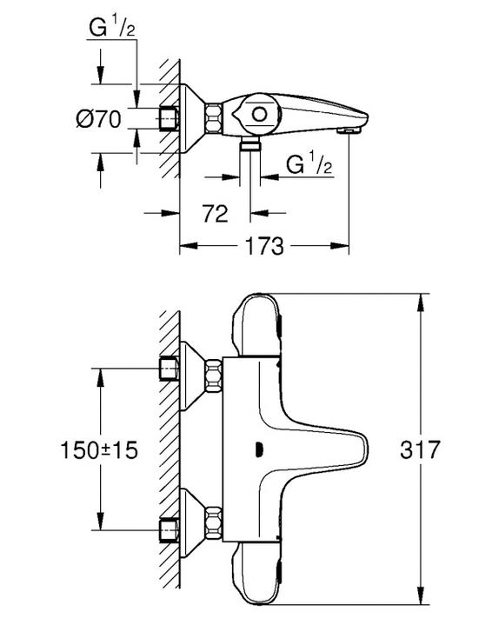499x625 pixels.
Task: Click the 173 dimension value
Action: click(264, 246)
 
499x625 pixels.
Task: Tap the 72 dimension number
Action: click(216, 214)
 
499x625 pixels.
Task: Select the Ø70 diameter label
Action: click(99, 119)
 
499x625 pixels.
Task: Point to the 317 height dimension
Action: click(420, 449)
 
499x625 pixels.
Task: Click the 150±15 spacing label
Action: click(99, 450)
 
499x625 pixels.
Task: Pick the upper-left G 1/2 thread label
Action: click(112, 28)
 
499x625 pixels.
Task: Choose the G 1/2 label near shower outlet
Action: click(309, 163)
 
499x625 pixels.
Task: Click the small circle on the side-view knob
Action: click(259, 115)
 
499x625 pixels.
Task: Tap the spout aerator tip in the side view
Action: click(349, 130)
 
